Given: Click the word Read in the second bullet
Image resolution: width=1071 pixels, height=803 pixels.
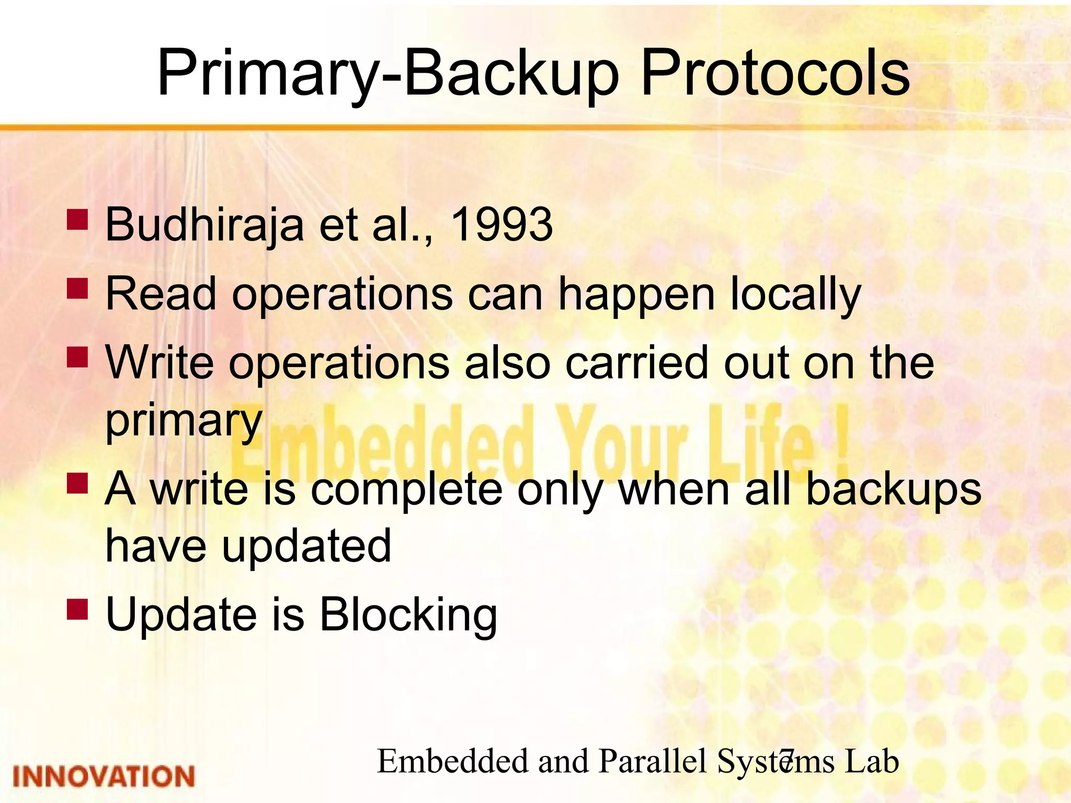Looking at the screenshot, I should (x=161, y=294).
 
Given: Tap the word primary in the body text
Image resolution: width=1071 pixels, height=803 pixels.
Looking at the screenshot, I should (x=184, y=421).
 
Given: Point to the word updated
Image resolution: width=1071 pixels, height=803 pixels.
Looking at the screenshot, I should (x=306, y=546).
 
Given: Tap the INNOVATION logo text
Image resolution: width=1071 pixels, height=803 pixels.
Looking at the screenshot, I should (x=104, y=776).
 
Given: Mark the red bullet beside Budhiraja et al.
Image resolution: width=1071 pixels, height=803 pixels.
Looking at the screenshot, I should (x=77, y=220).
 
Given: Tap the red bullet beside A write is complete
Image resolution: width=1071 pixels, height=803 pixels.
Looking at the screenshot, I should (x=77, y=484).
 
